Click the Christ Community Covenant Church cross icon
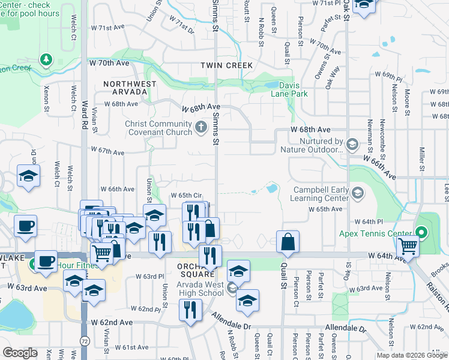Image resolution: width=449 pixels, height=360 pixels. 201,127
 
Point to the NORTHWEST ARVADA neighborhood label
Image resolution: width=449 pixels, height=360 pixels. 130,88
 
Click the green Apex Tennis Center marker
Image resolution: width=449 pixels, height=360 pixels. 421,233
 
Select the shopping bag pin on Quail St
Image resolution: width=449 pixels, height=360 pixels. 288,242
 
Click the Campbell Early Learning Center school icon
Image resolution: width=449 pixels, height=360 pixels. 358,193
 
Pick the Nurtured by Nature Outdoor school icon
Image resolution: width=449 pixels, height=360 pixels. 352,144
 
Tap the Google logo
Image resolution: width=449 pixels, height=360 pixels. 20,353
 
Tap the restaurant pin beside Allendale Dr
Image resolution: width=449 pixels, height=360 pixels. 190,311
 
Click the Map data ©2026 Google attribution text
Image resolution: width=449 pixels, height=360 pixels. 412,355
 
